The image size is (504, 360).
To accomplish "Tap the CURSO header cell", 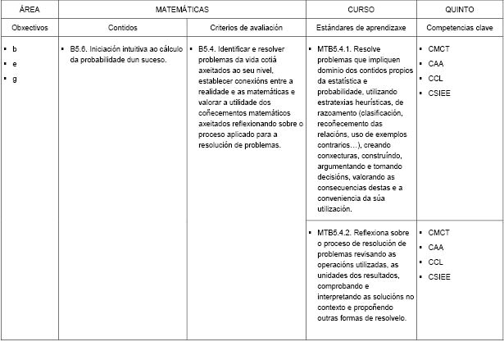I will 361,9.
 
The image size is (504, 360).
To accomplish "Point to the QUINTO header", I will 459,9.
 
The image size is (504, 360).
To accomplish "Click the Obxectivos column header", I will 30,27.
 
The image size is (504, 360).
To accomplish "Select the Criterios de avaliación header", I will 247,27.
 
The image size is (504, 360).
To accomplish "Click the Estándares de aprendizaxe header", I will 361,27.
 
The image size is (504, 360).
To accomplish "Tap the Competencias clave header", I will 459,27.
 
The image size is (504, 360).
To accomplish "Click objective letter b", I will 15,49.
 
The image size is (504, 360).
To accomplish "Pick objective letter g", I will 15,79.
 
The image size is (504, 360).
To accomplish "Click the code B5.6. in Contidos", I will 80,49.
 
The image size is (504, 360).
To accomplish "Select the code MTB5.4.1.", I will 333,49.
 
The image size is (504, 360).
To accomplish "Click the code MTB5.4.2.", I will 333,233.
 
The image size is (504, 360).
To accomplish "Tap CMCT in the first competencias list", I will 438,49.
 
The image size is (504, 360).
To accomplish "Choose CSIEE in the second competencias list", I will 439,277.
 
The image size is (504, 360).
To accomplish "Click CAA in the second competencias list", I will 436,248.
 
